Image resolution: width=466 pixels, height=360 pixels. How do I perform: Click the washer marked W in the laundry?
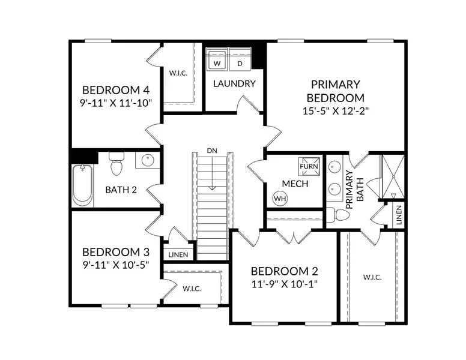218,62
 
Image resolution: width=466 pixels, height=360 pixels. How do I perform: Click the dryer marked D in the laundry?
240,62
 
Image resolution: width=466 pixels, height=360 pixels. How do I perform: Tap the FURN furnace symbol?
309,166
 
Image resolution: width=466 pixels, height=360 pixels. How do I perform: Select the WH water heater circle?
280,197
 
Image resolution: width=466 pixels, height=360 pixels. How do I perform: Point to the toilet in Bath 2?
116,163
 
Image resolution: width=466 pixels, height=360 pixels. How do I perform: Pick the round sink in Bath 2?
147,161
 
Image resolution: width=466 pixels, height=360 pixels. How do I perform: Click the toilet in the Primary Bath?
340,215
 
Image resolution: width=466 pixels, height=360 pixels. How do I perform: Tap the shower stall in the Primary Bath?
393,176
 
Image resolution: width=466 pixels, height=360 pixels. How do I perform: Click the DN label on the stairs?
211,150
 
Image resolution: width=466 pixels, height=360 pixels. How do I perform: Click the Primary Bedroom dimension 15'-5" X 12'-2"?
335,111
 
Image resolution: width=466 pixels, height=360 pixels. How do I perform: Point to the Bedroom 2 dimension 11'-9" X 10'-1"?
284,284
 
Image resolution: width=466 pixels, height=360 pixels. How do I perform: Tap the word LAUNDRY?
234,84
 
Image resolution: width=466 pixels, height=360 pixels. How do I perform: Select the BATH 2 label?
121,190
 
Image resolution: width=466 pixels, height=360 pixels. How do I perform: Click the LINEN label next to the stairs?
178,254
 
